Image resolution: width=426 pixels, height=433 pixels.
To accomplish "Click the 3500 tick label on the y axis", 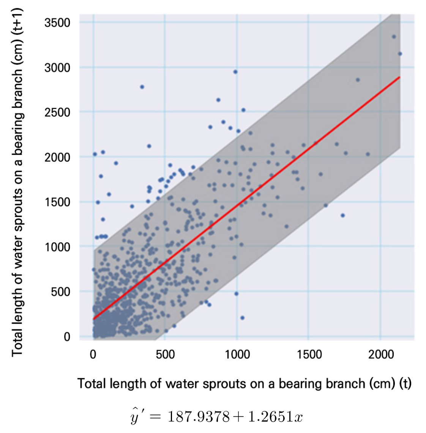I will click(x=57, y=23).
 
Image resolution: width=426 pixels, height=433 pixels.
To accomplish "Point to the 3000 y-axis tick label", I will click(x=57, y=68).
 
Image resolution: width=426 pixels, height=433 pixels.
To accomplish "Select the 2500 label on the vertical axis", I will click(x=57, y=112).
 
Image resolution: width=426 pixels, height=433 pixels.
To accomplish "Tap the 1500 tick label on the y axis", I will click(x=57, y=202).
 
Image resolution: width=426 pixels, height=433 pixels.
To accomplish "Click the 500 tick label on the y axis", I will click(x=61, y=291).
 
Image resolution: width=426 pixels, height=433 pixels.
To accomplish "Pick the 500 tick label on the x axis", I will click(x=165, y=354).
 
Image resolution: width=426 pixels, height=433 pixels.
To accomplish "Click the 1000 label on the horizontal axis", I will click(x=237, y=354).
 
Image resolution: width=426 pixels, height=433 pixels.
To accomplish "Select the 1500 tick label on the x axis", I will click(x=309, y=354).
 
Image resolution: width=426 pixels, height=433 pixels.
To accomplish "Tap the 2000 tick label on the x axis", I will click(x=381, y=354).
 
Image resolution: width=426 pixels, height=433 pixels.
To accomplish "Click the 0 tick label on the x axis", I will click(x=93, y=354).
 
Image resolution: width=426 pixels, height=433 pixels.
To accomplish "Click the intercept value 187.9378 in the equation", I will click(x=199, y=417).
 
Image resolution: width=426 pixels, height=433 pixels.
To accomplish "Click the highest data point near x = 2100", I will click(x=394, y=37).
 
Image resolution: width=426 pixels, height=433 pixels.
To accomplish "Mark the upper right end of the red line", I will click(x=399, y=77).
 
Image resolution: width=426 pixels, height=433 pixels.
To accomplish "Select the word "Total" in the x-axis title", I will click(x=92, y=384).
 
